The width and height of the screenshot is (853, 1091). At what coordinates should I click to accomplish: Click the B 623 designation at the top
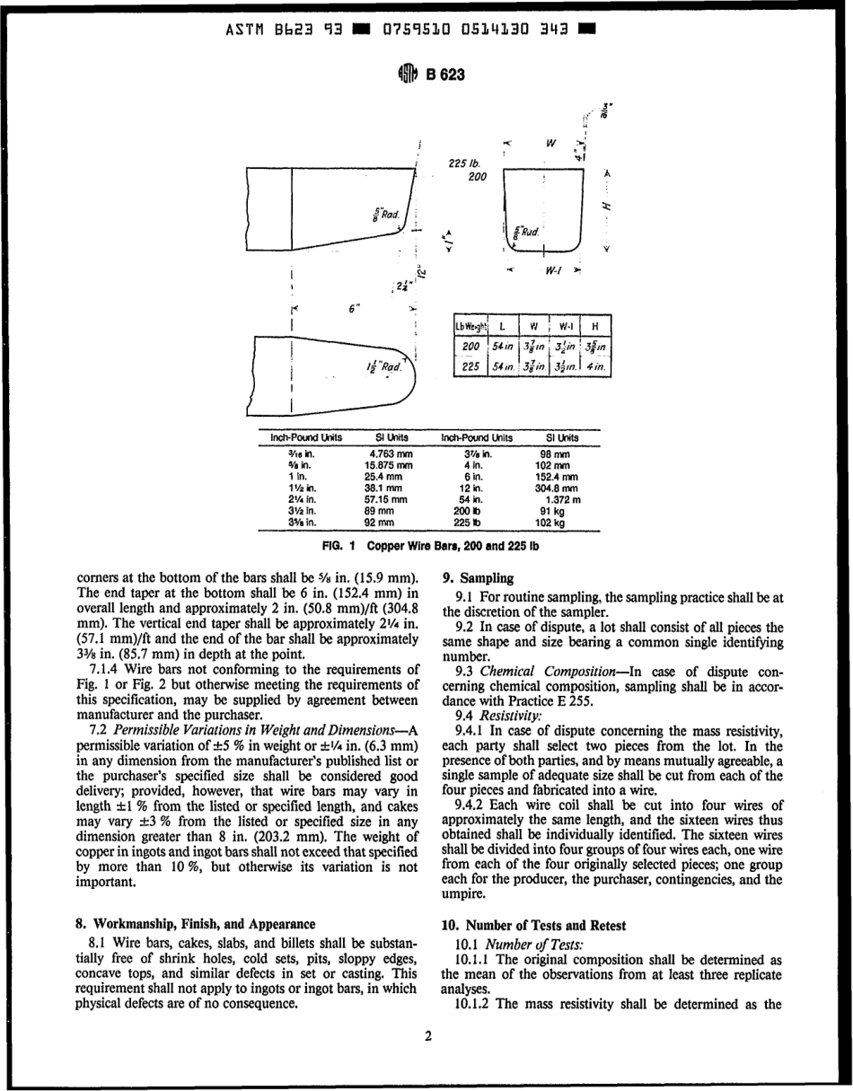pos(446,75)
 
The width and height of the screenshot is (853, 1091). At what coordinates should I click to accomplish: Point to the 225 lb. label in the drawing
pos(464,163)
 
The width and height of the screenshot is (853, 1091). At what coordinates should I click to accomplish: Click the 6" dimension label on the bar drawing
pos(354,308)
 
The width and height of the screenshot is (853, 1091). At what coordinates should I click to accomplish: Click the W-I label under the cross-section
pos(554,268)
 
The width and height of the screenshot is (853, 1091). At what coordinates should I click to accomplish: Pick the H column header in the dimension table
pos(595,326)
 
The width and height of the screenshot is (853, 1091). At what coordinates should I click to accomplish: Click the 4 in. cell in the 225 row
pos(595,366)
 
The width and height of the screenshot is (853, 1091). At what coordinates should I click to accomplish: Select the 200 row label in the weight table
pos(470,347)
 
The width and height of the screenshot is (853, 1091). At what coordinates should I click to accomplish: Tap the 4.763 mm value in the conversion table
pos(391,454)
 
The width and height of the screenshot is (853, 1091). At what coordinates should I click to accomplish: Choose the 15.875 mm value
pos(389,465)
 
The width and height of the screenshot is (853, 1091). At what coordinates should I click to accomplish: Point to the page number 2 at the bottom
pos(427,1035)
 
